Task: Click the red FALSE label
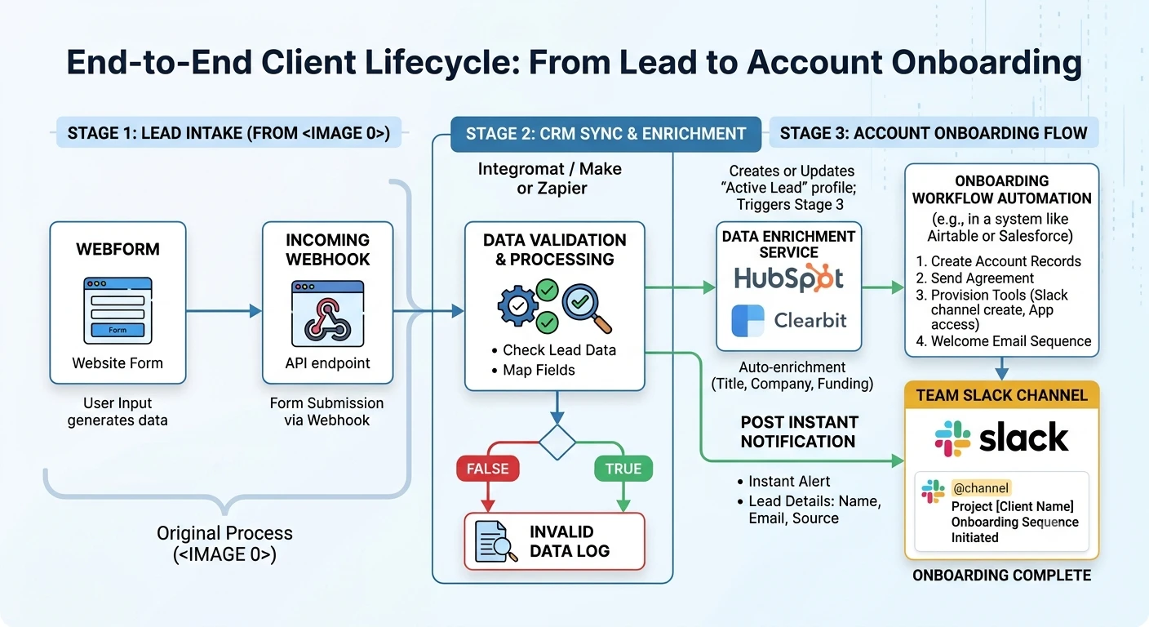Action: point(488,469)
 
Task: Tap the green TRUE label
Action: point(623,469)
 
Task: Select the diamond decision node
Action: point(557,442)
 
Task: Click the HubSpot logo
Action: point(788,278)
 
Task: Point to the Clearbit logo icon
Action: point(748,321)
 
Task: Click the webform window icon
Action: point(118,310)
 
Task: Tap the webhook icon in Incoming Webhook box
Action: point(327,313)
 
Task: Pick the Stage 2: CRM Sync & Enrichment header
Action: point(606,134)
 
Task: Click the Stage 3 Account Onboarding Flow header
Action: point(934,133)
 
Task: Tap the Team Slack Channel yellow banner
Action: point(1002,395)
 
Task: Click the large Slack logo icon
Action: point(952,438)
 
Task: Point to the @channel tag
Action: point(980,488)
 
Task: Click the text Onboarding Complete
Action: point(1001,576)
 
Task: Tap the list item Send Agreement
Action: point(974,278)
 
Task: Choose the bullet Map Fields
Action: point(534,370)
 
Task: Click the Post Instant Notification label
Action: point(799,432)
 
